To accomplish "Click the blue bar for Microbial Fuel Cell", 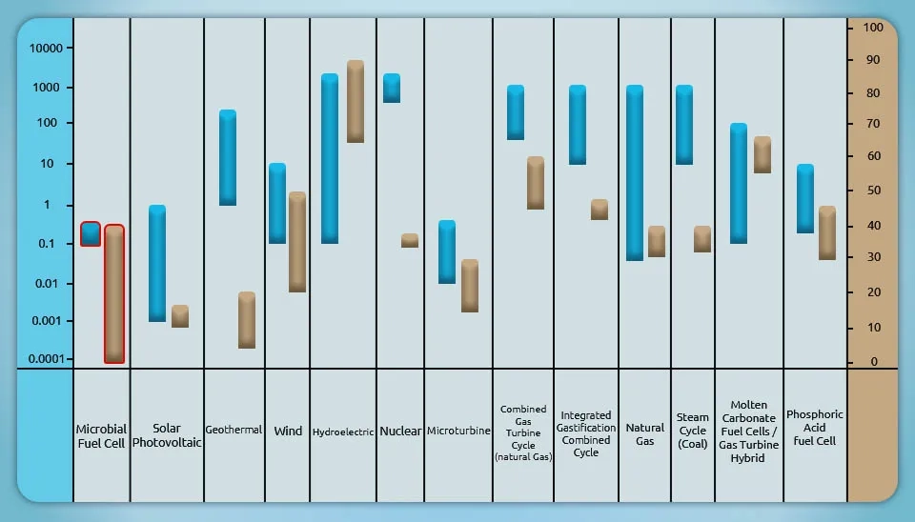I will point(91,234).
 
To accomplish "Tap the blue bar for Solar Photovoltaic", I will point(157,263).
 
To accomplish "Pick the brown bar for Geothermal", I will point(247,320).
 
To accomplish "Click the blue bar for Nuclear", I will point(392,88).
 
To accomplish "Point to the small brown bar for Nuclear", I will point(410,241).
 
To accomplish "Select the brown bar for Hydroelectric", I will point(356,102).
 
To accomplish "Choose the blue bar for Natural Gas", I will point(635,172).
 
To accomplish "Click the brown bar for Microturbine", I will point(470,286).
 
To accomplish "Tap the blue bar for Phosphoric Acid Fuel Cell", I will point(805,199).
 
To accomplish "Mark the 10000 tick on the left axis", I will point(46,49).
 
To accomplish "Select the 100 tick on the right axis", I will point(872,28).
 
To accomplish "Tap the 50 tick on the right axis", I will point(872,191).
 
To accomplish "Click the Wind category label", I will point(288,432).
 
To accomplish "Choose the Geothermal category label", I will point(234,431).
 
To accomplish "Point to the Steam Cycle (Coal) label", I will point(693,431).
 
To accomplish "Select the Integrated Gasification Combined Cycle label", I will point(586,434).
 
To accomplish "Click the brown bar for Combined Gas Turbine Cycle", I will point(536,183).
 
